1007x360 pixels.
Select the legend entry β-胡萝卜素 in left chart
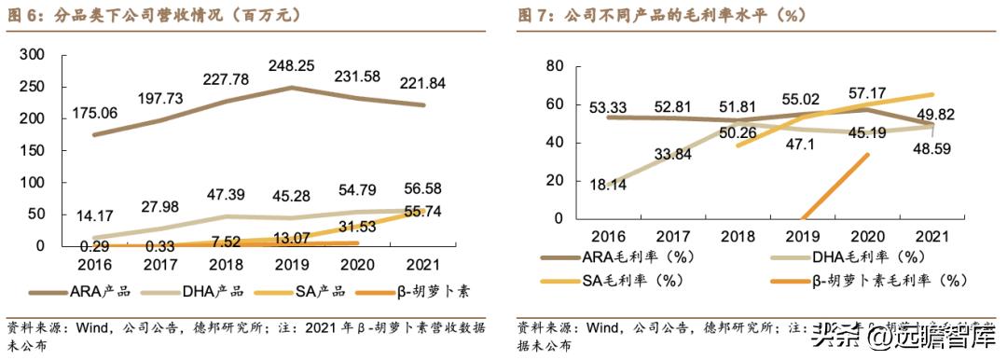tap(430, 291)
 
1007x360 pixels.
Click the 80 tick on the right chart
tap(554, 65)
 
